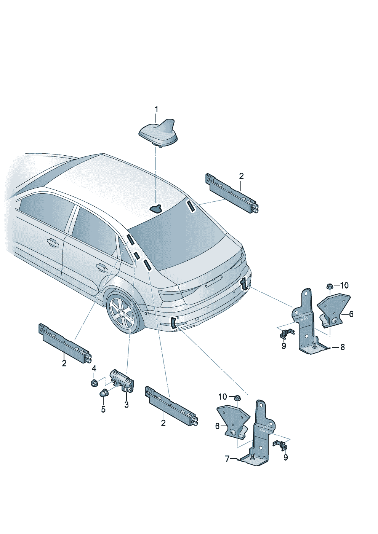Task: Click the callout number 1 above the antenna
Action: (156, 110)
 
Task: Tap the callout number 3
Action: (127, 405)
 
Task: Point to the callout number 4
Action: (94, 368)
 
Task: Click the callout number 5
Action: (103, 410)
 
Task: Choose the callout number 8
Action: (343, 347)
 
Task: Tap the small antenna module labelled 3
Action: (122, 383)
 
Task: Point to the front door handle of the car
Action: (53, 243)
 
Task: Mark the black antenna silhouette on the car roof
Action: (156, 209)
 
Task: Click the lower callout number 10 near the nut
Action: (223, 397)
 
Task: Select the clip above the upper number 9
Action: (287, 333)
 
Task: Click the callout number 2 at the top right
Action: (241, 176)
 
